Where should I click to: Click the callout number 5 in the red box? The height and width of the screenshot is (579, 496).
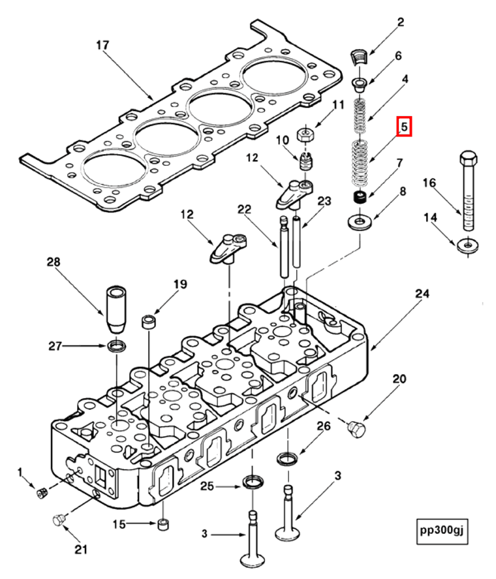tap(404, 127)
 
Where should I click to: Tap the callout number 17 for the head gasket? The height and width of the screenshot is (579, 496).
tap(102, 46)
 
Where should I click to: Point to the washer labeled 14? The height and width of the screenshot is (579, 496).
tap(467, 245)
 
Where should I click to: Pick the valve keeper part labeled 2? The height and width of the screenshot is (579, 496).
tap(360, 56)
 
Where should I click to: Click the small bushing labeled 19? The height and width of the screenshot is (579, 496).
tap(149, 321)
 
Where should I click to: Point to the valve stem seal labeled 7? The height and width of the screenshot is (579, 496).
tap(358, 198)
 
